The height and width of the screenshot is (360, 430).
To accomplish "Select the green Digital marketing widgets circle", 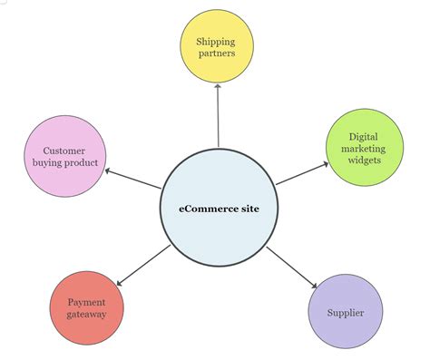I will (363, 147).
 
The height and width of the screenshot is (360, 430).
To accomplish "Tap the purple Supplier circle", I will (346, 312).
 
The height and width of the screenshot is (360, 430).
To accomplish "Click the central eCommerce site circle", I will (218, 208).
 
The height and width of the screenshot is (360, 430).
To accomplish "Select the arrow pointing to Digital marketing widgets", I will (302, 173).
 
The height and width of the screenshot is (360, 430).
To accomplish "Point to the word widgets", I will (363, 161).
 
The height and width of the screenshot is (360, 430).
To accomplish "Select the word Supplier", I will (346, 313).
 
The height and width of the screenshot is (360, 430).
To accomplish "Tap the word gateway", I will (85, 315).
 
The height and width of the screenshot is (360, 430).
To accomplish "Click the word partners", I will (218, 53).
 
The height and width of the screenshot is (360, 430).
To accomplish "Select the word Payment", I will (85, 301).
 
